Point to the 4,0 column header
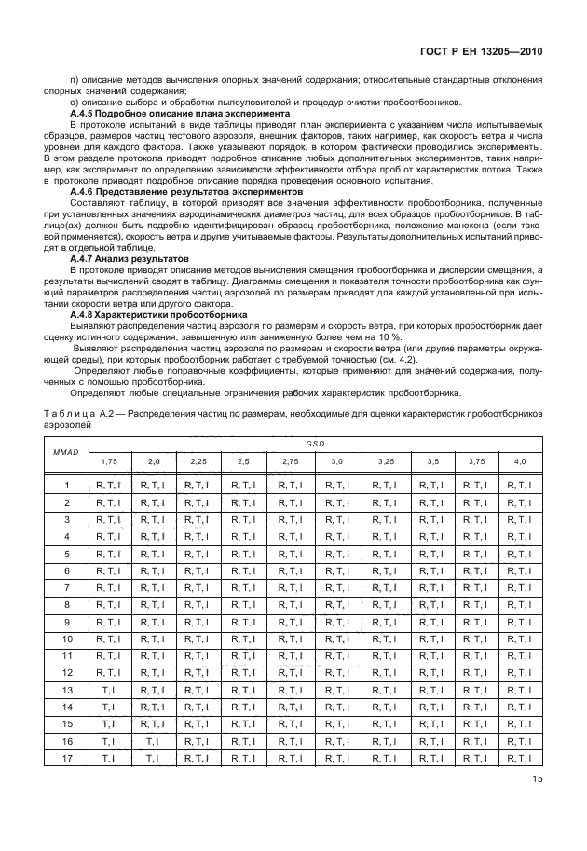click(x=519, y=461)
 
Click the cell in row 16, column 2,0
click(x=153, y=741)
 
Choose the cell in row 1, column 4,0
click(x=519, y=485)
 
